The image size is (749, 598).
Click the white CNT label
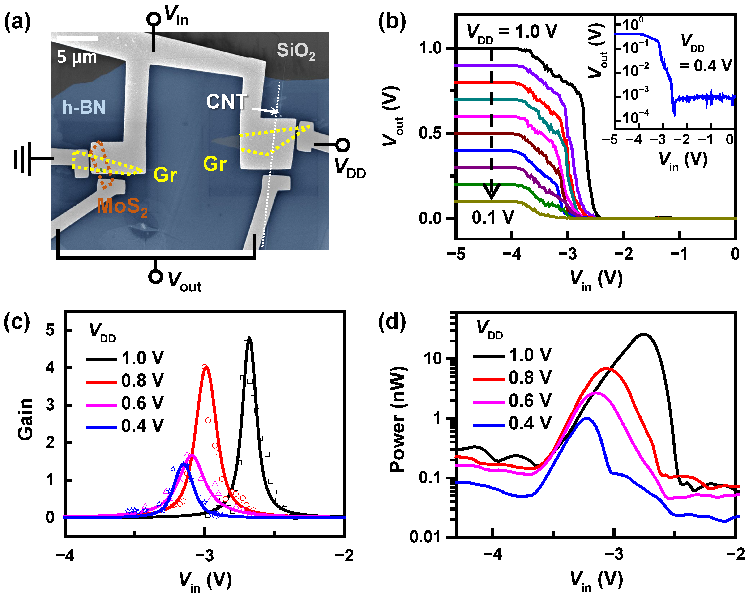coord(227,102)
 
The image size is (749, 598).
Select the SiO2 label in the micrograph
coord(296,51)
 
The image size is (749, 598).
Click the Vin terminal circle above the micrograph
coord(153,19)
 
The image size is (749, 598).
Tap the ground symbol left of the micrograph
coord(23,159)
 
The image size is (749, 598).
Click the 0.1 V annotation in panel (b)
coord(493,218)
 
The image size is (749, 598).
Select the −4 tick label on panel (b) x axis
coord(512,255)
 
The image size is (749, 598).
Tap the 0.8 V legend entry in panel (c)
coord(142,381)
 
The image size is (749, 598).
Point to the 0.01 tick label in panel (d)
coord(424,537)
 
